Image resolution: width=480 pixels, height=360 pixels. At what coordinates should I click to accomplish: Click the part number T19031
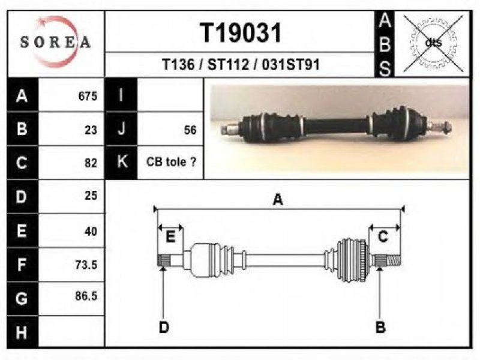tap(241, 33)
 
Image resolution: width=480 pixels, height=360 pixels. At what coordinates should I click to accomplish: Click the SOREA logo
tap(55, 42)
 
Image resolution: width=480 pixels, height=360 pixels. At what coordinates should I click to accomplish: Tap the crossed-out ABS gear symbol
tap(433, 43)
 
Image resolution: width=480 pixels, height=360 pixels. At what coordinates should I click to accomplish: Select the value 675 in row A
tap(88, 96)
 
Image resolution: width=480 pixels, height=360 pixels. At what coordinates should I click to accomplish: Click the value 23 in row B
tap(91, 130)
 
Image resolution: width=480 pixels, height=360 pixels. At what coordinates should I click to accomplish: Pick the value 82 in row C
tap(91, 163)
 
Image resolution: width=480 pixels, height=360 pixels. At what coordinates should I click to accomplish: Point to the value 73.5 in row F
tap(86, 265)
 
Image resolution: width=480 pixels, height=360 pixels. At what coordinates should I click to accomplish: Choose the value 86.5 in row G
tap(86, 296)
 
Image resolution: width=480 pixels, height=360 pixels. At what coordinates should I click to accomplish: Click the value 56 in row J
tap(190, 130)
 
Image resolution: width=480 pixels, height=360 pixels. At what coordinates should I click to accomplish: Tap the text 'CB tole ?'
tap(171, 162)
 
